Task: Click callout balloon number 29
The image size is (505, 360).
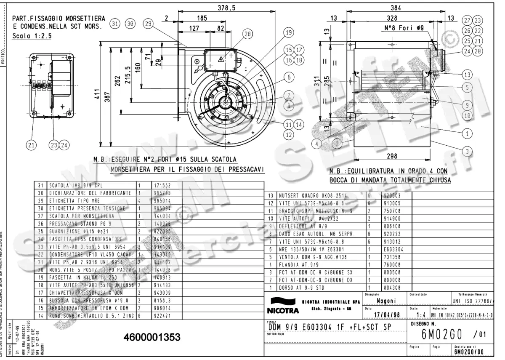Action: pyautogui.click(x=148, y=24)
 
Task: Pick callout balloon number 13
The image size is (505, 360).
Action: pyautogui.click(x=466, y=75)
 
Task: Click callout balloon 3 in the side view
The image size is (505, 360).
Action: pyautogui.click(x=466, y=150)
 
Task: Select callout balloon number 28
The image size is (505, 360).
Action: pyautogui.click(x=247, y=34)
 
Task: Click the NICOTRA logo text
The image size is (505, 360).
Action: pyautogui.click(x=283, y=311)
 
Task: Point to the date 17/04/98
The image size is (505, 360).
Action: pyautogui.click(x=382, y=314)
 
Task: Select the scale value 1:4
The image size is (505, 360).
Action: pyautogui.click(x=419, y=314)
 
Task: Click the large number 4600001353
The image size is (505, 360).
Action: pyautogui.click(x=152, y=337)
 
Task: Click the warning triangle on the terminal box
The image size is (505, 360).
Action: pyautogui.click(x=220, y=59)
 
